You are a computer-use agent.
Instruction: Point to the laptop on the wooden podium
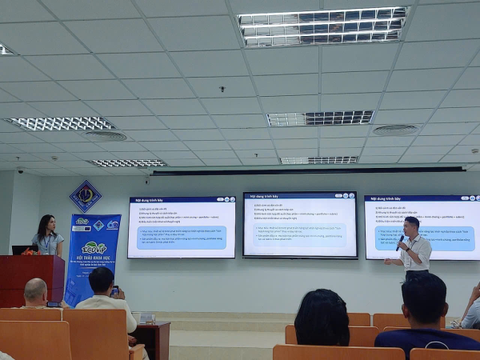point(22,250)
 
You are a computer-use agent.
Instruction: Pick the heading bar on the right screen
point(422,199)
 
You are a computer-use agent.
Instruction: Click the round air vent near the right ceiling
point(394,130)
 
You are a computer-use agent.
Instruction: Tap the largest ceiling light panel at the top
point(323,26)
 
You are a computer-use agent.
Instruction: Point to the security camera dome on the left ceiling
point(20,170)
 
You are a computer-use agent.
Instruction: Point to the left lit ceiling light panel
point(61,124)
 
